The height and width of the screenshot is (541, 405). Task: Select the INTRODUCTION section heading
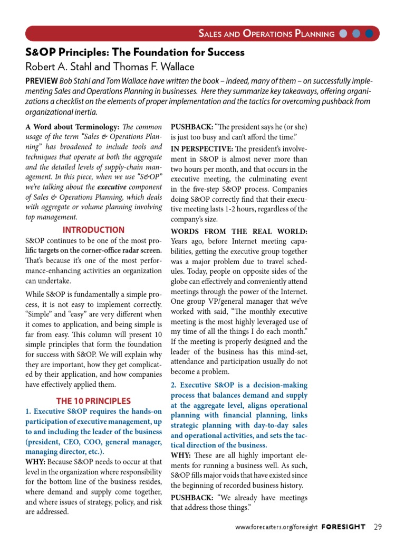(93, 230)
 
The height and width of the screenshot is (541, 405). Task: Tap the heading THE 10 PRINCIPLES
(93, 401)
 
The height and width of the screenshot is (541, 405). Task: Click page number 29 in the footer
(377, 527)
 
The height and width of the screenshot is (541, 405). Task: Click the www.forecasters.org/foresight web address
(276, 527)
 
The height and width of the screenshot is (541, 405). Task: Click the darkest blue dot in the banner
(369, 34)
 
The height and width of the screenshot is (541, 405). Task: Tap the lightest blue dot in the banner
(343, 34)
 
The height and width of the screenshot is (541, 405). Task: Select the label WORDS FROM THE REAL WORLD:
(239, 231)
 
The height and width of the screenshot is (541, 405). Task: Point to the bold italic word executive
(112, 187)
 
